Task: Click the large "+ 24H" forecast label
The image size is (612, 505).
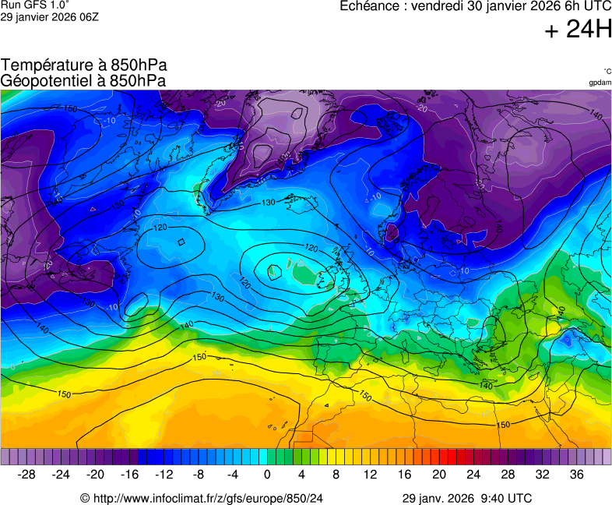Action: click(x=577, y=30)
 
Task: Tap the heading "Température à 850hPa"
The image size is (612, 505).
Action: click(x=84, y=65)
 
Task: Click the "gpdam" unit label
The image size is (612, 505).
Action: click(x=600, y=83)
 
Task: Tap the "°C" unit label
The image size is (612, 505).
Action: click(x=607, y=72)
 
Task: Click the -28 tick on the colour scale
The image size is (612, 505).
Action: click(x=26, y=474)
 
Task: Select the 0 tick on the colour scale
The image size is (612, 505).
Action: click(x=267, y=474)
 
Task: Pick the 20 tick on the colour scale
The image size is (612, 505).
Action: click(x=439, y=474)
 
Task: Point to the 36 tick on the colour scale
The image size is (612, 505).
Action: click(x=576, y=474)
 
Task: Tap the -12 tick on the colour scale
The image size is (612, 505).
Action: click(x=164, y=474)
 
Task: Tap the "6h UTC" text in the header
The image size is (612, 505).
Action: click(x=582, y=6)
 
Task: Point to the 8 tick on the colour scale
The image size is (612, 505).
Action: click(x=336, y=474)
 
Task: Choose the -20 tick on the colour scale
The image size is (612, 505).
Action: click(x=95, y=474)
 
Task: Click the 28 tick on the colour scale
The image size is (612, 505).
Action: click(x=508, y=474)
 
